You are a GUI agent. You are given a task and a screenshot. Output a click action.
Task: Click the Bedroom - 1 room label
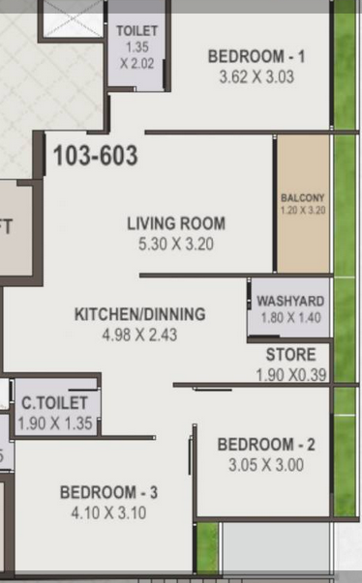pos(256,56)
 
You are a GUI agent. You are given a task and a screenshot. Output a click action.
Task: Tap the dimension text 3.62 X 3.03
pos(256,77)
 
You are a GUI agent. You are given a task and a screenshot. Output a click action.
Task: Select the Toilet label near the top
pos(136,31)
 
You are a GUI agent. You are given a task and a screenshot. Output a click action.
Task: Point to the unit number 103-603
pos(96,155)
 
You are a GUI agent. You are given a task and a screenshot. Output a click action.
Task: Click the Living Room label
pos(176,223)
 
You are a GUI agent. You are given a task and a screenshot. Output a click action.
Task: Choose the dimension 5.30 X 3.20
pos(176,245)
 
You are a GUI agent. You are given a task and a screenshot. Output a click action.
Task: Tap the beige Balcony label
pos(302,198)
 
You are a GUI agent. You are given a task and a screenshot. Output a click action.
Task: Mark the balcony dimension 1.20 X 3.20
pos(303,211)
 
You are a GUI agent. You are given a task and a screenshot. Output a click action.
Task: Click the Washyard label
pos(290,301)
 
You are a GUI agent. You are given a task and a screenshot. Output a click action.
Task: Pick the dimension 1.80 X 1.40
pos(290,318)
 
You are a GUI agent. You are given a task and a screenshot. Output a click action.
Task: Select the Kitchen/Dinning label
pos(140,314)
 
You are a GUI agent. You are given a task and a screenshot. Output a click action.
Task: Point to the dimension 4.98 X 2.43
pos(139,335)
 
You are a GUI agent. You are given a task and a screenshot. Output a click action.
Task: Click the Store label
pos(291,354)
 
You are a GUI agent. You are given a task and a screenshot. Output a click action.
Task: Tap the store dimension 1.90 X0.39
pos(291,375)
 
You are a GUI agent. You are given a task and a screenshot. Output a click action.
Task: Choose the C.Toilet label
pos(55,403)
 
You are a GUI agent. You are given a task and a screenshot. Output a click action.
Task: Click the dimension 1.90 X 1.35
pos(55,423)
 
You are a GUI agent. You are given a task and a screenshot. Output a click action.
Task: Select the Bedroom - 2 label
pos(266,445)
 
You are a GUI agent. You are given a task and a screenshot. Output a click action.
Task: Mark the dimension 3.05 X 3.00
pos(266,465)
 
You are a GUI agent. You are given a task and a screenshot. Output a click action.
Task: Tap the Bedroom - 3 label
pos(108,492)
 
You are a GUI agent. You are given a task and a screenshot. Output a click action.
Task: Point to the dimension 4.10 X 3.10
pos(108,513)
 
